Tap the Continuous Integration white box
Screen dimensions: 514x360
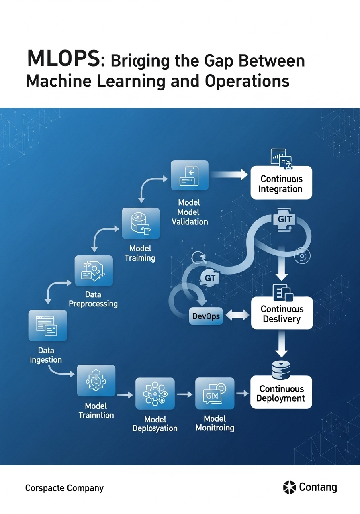click(281, 183)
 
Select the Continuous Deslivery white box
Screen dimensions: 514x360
click(281, 313)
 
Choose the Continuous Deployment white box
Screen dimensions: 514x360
click(281, 393)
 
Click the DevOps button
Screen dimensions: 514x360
click(206, 316)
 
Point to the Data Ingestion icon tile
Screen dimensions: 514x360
click(48, 326)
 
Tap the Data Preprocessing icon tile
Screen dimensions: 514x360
click(94, 271)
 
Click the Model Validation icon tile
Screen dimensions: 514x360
click(189, 175)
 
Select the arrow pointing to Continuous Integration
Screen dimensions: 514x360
click(229, 174)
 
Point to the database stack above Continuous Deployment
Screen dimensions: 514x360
click(281, 369)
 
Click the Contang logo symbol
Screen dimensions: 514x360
click(289, 487)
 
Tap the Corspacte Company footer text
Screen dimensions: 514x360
click(64, 488)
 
